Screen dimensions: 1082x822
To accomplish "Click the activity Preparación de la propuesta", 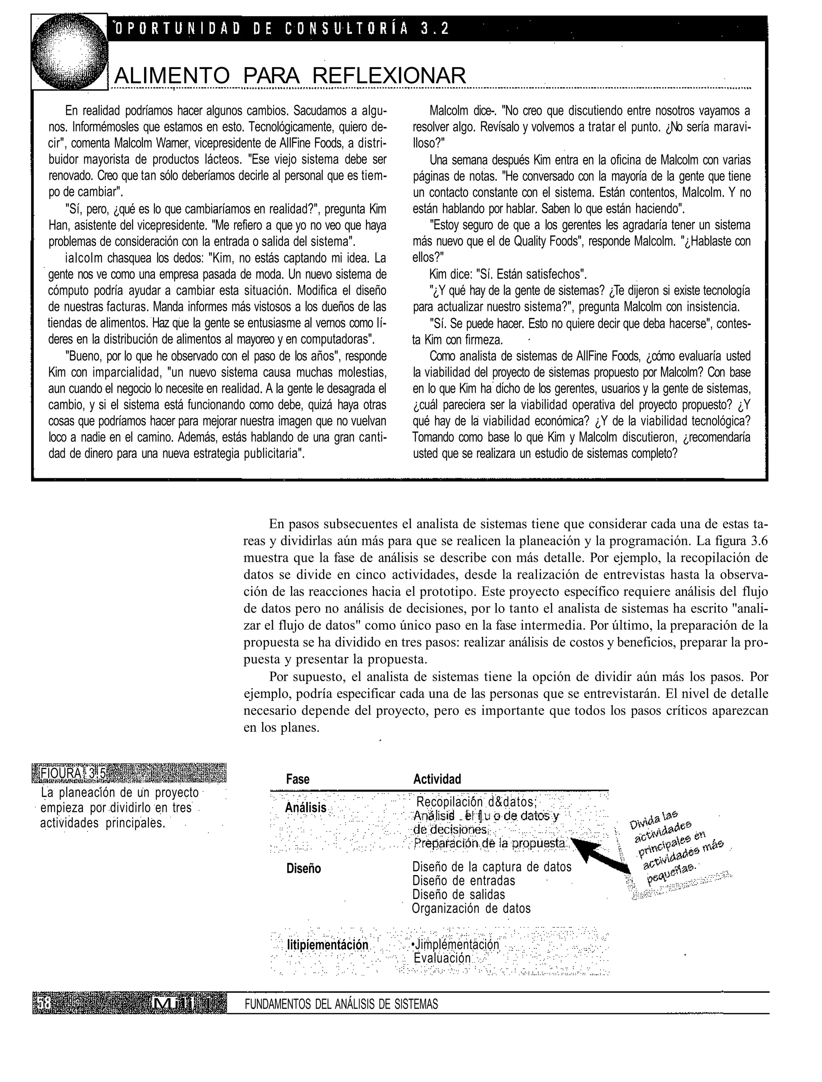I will [x=490, y=843].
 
